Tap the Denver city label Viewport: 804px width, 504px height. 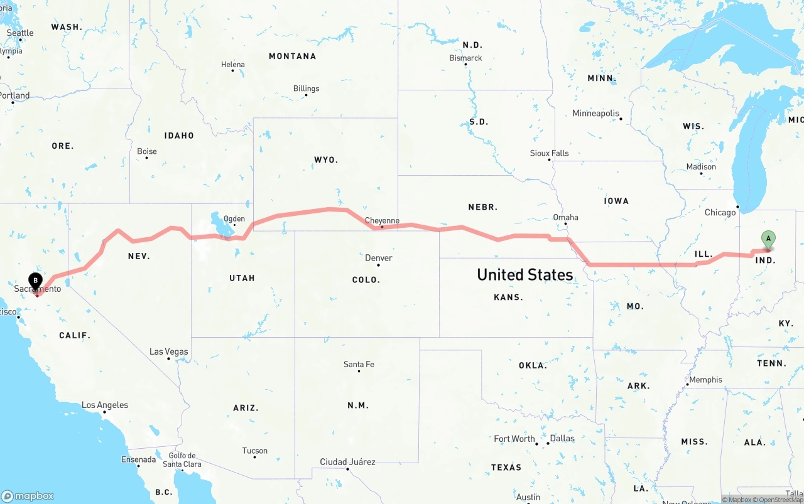tap(378, 258)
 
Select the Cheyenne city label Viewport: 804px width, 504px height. tap(382, 220)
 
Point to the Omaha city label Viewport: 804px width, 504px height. tap(565, 217)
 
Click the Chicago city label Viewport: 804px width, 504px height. tap(720, 212)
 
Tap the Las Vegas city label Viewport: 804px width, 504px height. tap(168, 351)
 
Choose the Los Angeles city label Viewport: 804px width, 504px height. tap(105, 405)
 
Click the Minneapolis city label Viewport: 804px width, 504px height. tap(595, 114)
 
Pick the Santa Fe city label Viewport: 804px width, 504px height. tap(359, 364)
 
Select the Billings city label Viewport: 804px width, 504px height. tap(306, 88)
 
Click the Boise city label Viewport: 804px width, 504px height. tap(147, 151)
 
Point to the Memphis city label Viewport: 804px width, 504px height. tap(705, 380)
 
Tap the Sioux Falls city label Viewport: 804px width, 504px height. tap(549, 153)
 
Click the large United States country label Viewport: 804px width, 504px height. tap(524, 274)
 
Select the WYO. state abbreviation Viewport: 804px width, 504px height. tap(326, 160)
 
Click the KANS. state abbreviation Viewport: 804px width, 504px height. tap(508, 297)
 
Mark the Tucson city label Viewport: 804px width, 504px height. tap(254, 451)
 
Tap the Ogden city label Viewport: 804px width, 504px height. tap(234, 219)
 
